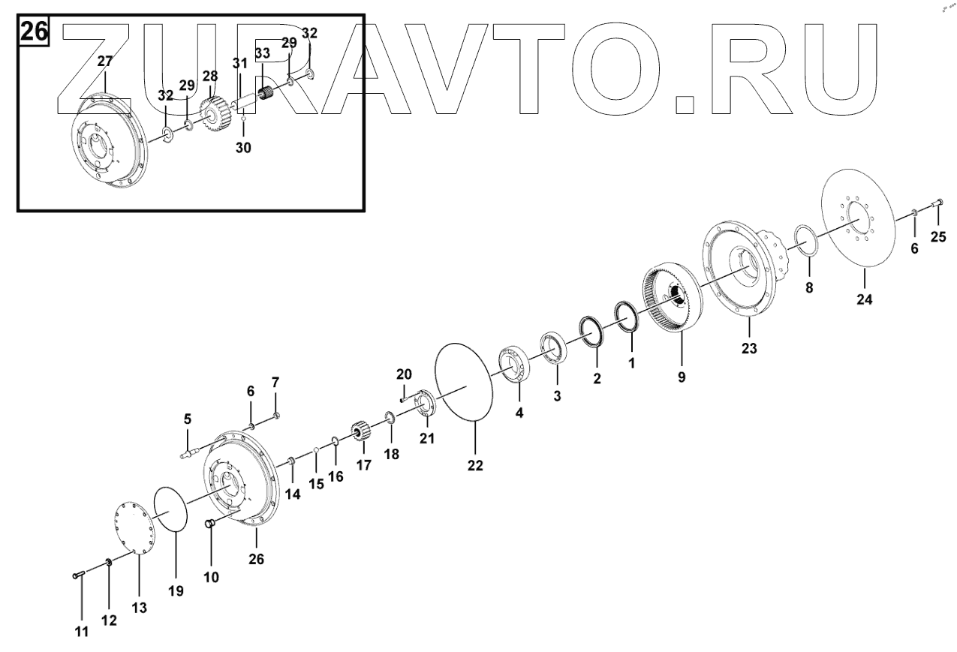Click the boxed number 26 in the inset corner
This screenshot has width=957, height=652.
[33, 32]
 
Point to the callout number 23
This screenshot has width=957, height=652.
[749, 348]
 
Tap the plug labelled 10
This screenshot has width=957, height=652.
[211, 523]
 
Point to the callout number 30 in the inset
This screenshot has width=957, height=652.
[242, 148]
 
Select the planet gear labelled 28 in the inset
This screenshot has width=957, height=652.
[211, 112]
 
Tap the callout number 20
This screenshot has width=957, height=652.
[404, 374]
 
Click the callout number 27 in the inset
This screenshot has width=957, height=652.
[104, 61]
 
